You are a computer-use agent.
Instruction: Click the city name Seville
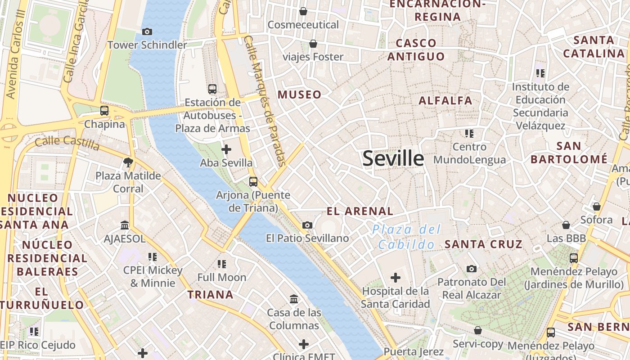tap(393, 158)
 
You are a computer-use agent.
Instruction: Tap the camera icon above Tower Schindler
tap(147, 31)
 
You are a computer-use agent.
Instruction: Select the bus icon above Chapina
tap(104, 110)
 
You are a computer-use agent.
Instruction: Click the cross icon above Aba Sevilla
tap(226, 149)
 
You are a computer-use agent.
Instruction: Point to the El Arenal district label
tap(360, 211)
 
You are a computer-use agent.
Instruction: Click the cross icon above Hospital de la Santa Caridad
tap(395, 278)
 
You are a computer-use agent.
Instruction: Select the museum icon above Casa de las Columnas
tap(294, 299)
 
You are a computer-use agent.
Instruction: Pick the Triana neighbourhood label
tap(210, 295)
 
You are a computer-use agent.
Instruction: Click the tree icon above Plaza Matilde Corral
tap(128, 162)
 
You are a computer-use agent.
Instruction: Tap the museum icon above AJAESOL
tap(125, 225)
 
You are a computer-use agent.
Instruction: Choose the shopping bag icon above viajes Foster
tap(313, 43)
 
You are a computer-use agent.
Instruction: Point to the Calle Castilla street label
tap(67, 143)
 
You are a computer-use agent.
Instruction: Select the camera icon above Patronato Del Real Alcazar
tap(471, 269)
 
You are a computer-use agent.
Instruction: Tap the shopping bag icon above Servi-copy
tap(477, 331)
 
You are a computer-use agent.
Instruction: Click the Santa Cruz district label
tap(483, 244)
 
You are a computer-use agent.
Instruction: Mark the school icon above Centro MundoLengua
tap(469, 133)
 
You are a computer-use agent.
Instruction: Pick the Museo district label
tap(299, 94)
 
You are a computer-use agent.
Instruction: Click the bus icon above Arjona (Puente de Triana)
tap(253, 181)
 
